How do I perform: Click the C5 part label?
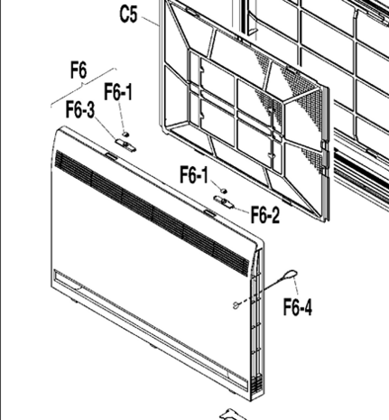coord(129,14)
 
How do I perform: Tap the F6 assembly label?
coord(79,70)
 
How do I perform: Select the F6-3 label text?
coord(80,109)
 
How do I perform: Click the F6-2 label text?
coord(265,214)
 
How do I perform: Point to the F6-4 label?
coord(298,307)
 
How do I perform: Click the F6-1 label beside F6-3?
coord(118,92)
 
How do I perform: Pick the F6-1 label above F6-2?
coord(194,174)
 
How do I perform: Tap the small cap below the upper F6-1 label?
coord(125,133)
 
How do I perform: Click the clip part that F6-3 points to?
coord(125,145)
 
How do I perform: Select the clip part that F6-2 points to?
coord(224,201)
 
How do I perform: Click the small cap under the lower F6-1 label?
coord(224,191)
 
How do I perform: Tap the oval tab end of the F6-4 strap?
coord(291,275)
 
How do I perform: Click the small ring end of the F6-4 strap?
coord(236,305)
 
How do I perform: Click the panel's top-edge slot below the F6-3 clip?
coord(111,156)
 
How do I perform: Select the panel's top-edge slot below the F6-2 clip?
coord(209,213)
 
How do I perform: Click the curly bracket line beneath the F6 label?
coord(83,87)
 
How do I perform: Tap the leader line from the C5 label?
coord(150,22)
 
